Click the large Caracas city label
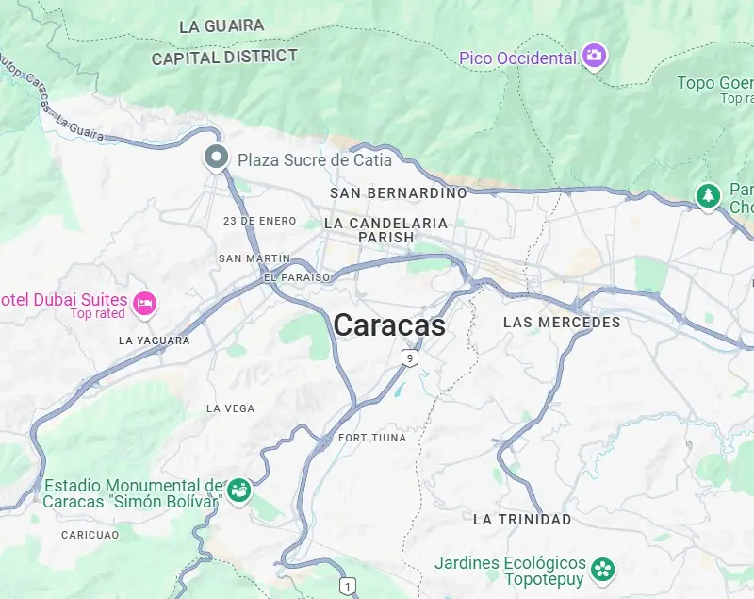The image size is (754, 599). click(389, 325)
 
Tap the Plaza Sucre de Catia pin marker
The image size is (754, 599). click(217, 158)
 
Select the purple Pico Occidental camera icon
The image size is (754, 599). click(594, 56)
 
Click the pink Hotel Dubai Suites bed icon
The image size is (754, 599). click(144, 303)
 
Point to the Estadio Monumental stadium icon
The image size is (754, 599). click(238, 491)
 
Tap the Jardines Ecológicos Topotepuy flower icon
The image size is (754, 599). click(602, 569)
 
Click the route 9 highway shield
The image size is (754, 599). click(408, 358)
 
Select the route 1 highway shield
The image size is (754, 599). click(349, 587)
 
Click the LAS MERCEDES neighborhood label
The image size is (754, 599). click(562, 323)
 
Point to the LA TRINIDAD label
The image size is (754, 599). click(522, 520)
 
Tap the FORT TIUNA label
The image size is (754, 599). click(372, 438)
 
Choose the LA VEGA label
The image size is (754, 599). click(230, 408)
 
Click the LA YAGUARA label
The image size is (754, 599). click(155, 341)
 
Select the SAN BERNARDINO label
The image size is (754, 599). click(398, 192)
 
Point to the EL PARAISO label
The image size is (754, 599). click(297, 277)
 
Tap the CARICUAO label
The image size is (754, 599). click(90, 535)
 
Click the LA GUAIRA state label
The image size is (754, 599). click(221, 26)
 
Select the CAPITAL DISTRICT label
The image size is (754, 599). click(224, 58)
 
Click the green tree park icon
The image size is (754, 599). click(707, 195)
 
